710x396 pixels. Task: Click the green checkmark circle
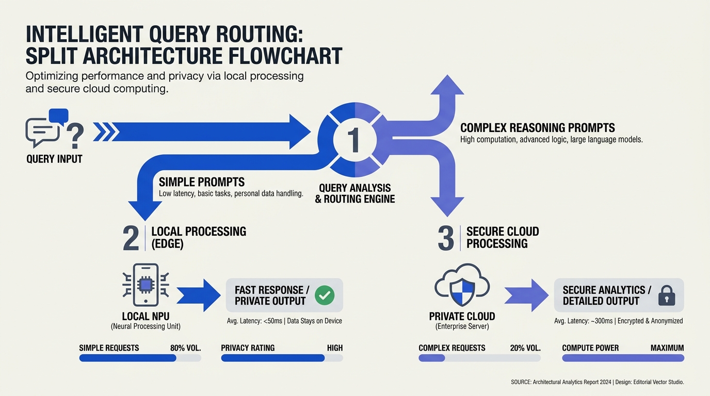(325, 295)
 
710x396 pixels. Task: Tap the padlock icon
(667, 295)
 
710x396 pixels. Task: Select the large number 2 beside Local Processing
(131, 238)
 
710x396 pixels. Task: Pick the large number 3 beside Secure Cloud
(446, 238)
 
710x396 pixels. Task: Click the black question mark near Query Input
(75, 136)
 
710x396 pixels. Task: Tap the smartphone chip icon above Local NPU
(146, 285)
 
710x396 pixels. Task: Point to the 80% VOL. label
(185, 348)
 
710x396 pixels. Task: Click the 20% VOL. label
(525, 348)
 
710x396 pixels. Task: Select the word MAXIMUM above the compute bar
(667, 348)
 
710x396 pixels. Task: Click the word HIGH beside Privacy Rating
(335, 348)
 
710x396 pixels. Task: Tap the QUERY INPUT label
(54, 159)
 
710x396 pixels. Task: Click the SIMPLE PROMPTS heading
(202, 182)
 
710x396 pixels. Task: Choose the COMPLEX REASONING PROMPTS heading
(538, 128)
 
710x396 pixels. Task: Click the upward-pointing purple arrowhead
(447, 85)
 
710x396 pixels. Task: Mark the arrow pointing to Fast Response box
(199, 295)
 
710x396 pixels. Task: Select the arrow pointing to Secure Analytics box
(526, 295)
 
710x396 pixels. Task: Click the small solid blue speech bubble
(59, 116)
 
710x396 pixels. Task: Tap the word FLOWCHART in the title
(285, 56)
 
